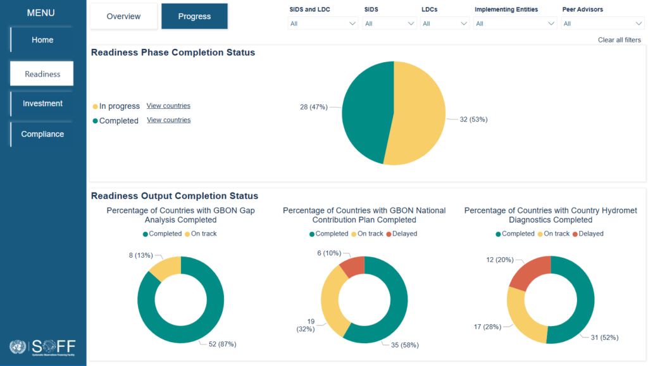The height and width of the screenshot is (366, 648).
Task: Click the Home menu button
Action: coord(42,40)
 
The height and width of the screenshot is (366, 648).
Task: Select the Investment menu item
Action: coord(42,103)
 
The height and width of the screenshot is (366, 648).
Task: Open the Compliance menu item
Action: coord(42,134)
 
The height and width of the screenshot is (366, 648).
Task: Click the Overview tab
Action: coord(123,16)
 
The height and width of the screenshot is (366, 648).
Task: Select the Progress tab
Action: coord(194,16)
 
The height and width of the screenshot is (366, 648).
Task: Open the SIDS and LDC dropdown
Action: coord(323,23)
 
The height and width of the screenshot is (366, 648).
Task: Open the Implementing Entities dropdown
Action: coord(515,23)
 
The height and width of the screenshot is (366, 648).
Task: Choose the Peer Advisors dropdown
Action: coord(603,23)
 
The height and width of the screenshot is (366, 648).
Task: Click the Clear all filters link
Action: coord(619,40)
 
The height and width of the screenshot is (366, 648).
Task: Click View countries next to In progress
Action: coord(168,106)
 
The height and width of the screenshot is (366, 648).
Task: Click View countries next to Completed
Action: coord(168,120)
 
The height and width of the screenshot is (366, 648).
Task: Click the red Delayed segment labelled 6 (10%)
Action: coord(353,267)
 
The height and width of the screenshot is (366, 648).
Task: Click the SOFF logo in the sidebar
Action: coord(42,346)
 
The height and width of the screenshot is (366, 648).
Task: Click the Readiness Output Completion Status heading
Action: coord(175,196)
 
